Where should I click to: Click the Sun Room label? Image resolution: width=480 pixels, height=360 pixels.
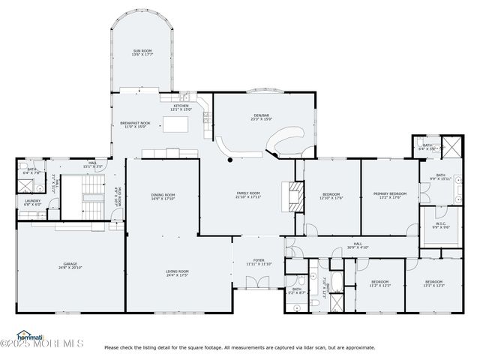[142, 52]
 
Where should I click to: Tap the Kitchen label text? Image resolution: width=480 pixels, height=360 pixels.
[182, 108]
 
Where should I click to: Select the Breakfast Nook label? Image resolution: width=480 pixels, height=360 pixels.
[135, 124]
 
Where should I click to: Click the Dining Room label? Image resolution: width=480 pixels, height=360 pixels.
[163, 196]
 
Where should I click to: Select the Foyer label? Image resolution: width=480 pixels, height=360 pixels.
[257, 262]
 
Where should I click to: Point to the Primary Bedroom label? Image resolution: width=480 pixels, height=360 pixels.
[390, 196]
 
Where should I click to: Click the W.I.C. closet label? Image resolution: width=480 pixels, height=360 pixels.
[431, 225]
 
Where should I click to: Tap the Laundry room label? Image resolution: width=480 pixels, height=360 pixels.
[32, 202]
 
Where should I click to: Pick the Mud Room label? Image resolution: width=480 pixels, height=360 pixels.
[116, 196]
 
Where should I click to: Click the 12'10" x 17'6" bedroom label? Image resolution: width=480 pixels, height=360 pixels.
[331, 196]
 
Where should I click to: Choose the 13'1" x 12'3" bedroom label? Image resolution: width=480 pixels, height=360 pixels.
[434, 284]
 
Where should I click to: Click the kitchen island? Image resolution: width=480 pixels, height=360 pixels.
[174, 127]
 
